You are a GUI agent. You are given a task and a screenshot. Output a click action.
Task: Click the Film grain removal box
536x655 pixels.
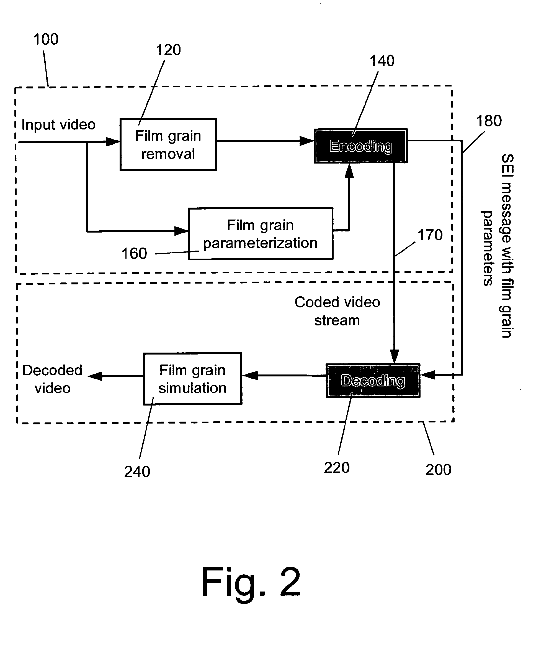[168, 144]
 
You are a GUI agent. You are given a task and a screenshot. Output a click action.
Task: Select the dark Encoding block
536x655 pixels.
[361, 146]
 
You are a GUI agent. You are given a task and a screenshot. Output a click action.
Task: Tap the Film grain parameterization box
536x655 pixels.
[260, 233]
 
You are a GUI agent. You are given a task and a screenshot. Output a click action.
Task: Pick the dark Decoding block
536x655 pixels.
[373, 380]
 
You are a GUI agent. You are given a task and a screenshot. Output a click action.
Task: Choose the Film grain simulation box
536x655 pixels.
[192, 379]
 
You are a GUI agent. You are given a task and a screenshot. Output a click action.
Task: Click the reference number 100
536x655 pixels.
[46, 39]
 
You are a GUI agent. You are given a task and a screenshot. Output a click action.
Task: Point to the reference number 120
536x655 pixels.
[168, 50]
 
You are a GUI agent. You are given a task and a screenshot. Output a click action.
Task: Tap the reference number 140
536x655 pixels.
[382, 61]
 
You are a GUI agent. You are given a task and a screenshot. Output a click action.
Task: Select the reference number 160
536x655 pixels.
[134, 253]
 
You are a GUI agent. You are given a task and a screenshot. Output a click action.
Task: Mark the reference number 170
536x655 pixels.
[430, 235]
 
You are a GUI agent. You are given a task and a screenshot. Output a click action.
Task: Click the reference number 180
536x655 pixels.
[489, 121]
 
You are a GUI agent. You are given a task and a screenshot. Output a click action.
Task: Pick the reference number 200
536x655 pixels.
[439, 470]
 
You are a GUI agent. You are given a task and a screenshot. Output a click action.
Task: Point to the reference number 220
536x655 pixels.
[337, 468]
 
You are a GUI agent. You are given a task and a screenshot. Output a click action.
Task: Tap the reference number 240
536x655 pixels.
[137, 472]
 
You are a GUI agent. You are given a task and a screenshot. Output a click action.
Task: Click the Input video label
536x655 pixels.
[58, 124]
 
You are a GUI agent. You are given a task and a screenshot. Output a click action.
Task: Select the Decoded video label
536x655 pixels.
[53, 379]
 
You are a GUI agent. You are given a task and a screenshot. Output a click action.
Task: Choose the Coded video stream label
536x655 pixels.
[337, 311]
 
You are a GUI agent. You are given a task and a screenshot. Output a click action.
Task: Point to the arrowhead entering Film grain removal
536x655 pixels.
[113, 142]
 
